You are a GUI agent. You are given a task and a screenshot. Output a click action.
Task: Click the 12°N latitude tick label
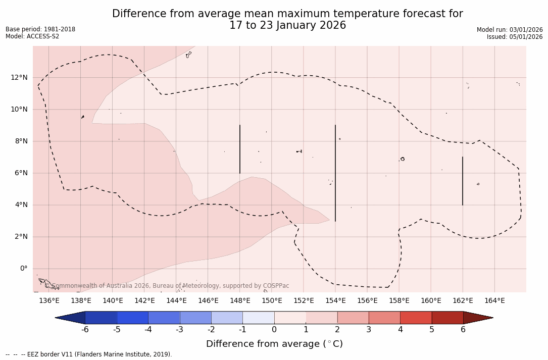click(19, 78)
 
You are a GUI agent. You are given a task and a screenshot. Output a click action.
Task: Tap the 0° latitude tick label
click(23, 269)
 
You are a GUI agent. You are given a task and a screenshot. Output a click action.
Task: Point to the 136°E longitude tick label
click(49, 301)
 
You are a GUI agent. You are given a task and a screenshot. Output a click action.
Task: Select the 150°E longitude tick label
click(272, 301)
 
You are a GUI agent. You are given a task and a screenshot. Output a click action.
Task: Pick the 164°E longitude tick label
click(494, 301)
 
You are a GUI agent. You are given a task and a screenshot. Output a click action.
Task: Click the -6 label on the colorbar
click(85, 330)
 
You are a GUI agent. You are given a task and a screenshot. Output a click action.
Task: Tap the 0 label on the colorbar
click(274, 330)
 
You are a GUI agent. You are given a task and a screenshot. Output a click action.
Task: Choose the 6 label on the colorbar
click(463, 330)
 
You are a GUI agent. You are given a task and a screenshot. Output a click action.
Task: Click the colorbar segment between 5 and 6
click(447, 318)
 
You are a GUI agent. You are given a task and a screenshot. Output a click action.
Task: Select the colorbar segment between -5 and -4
click(132, 318)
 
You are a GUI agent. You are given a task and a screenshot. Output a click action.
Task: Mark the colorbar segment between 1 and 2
click(322, 318)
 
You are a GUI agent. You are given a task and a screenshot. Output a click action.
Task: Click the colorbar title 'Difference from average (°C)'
click(274, 344)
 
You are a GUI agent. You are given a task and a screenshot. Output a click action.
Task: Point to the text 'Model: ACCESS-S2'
click(32, 36)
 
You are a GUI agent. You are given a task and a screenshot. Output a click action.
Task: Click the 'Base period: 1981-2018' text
click(40, 29)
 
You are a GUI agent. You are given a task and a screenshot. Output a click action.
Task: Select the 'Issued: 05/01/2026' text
click(515, 37)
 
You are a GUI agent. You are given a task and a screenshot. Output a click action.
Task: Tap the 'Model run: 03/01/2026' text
click(510, 30)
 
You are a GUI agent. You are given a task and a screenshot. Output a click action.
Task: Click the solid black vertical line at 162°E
click(463, 181)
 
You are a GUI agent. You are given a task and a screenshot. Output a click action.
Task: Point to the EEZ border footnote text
click(88, 354)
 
